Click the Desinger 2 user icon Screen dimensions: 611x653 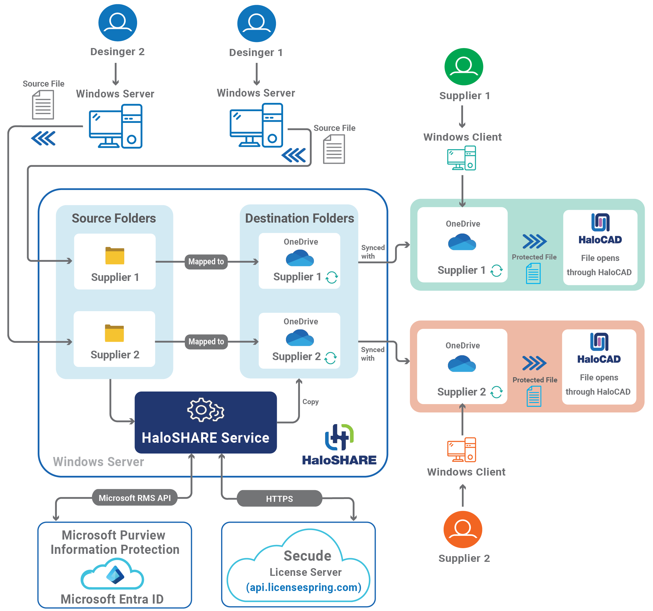click(x=118, y=22)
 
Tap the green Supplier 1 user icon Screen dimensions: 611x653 click(x=464, y=66)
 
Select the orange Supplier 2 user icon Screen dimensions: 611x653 click(x=462, y=529)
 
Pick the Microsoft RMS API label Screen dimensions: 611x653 click(x=135, y=498)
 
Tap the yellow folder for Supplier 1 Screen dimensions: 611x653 click(x=115, y=255)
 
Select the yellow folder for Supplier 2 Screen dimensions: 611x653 click(x=114, y=333)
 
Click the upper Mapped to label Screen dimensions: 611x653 click(x=206, y=261)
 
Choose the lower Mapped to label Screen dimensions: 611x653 click(x=206, y=342)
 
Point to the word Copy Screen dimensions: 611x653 click(x=311, y=402)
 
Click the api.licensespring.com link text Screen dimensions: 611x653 click(x=304, y=587)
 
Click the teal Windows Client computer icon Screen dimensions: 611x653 click(x=462, y=158)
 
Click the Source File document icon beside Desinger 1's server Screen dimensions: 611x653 click(x=334, y=149)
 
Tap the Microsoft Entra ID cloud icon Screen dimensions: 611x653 click(x=112, y=575)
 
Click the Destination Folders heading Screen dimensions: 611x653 click(x=299, y=218)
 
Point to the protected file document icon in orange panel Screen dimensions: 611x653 click(x=534, y=396)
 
